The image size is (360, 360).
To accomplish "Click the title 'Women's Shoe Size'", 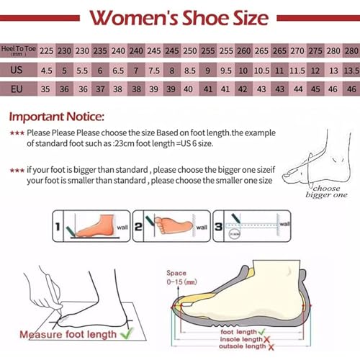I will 180,17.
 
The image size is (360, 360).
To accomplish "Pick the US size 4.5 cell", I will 47,71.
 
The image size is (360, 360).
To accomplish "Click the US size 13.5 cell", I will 351,71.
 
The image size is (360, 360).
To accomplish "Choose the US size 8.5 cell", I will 190,71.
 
